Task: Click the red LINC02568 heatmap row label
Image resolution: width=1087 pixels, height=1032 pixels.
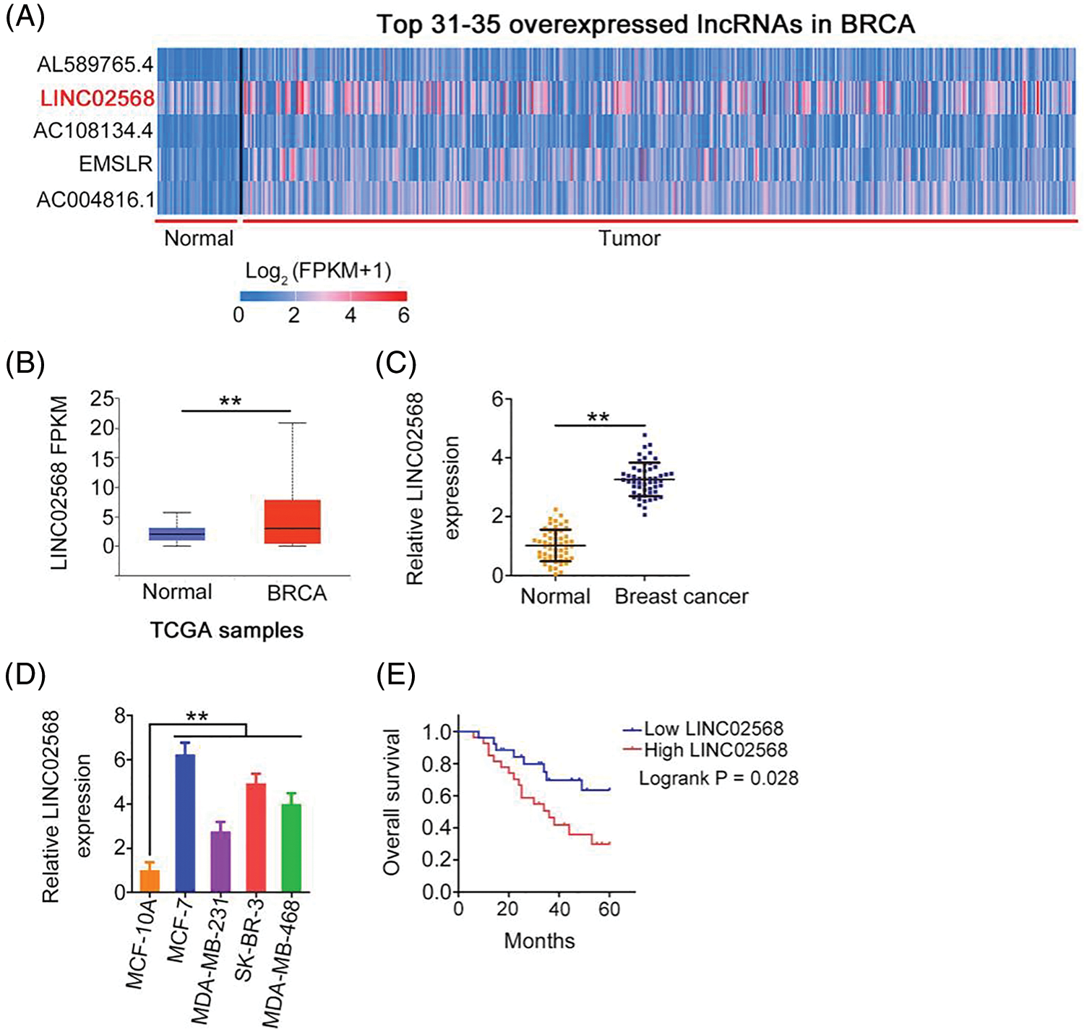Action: click(97, 98)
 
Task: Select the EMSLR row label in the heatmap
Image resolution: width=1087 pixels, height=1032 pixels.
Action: click(116, 164)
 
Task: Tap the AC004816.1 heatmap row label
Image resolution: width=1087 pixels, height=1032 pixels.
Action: click(95, 199)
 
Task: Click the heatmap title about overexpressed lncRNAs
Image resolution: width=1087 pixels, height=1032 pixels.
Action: click(645, 25)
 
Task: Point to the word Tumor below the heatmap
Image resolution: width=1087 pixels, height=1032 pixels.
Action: click(629, 238)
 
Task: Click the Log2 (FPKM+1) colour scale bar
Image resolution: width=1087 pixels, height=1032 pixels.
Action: click(323, 296)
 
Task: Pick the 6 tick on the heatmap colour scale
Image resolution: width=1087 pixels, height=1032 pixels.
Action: click(403, 315)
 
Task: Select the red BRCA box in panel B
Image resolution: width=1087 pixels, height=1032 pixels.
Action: click(292, 522)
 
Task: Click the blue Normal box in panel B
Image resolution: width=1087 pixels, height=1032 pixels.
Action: click(177, 534)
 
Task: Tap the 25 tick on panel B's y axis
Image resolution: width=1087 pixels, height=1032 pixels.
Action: click(103, 398)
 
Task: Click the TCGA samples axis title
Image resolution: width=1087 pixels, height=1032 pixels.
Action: click(227, 630)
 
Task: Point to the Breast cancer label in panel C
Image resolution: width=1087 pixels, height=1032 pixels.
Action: click(681, 597)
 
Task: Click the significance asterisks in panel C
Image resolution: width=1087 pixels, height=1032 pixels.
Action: click(598, 418)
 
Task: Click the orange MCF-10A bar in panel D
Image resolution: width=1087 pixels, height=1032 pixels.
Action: click(150, 880)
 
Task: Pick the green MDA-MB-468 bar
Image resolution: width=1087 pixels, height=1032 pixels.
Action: click(291, 848)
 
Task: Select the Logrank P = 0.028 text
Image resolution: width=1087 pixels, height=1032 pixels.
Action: click(718, 778)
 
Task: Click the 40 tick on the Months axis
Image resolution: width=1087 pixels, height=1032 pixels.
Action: click(559, 908)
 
